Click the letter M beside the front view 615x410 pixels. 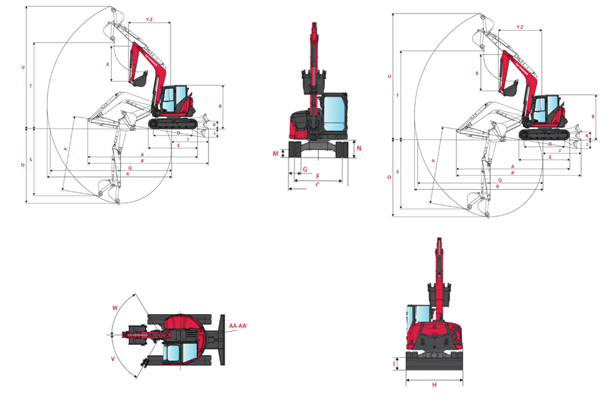pos(276,153)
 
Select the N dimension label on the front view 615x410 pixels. pos(359,148)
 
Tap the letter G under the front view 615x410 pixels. pos(304,169)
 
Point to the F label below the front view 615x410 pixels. pos(317,176)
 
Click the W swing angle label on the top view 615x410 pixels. pos(114,307)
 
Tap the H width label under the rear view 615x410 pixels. pos(434,385)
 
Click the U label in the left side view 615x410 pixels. pos(23,66)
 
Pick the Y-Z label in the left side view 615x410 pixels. pos(149,20)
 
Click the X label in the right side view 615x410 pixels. pos(477,72)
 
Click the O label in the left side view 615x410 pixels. pos(23,165)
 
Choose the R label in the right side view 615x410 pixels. pos(496,186)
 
